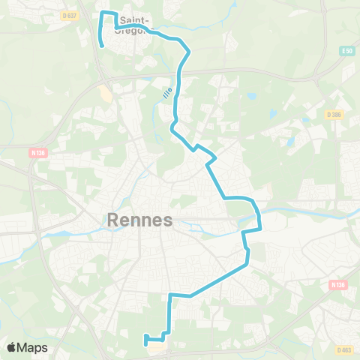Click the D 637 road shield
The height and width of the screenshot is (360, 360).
[x=70, y=15]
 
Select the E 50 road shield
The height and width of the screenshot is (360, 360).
[x=346, y=50]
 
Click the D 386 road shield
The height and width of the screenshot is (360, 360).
[x=334, y=114]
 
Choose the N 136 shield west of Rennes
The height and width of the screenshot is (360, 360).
[x=38, y=152]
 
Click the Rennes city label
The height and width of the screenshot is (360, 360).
[x=140, y=220]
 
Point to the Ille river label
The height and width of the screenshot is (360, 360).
[x=166, y=96]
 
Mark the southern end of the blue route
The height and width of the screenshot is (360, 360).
[x=145, y=344]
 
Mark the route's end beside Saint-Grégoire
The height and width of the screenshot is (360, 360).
[x=101, y=46]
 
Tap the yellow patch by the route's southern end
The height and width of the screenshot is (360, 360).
[x=157, y=347]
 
